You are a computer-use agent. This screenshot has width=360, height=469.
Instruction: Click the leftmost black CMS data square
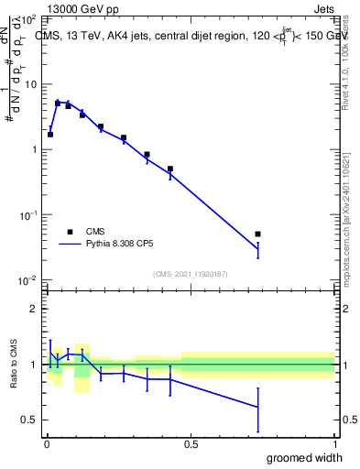(x=50, y=135)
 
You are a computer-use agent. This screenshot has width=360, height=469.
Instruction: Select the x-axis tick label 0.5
(x=191, y=443)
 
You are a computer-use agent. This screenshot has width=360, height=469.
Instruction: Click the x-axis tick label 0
(x=47, y=443)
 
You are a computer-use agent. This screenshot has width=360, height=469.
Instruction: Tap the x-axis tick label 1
(x=334, y=443)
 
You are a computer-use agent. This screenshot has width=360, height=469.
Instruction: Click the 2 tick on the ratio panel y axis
(x=35, y=309)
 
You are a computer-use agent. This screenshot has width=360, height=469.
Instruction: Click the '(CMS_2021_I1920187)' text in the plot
(x=190, y=273)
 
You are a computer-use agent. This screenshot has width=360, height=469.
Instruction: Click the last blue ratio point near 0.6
(x=258, y=407)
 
